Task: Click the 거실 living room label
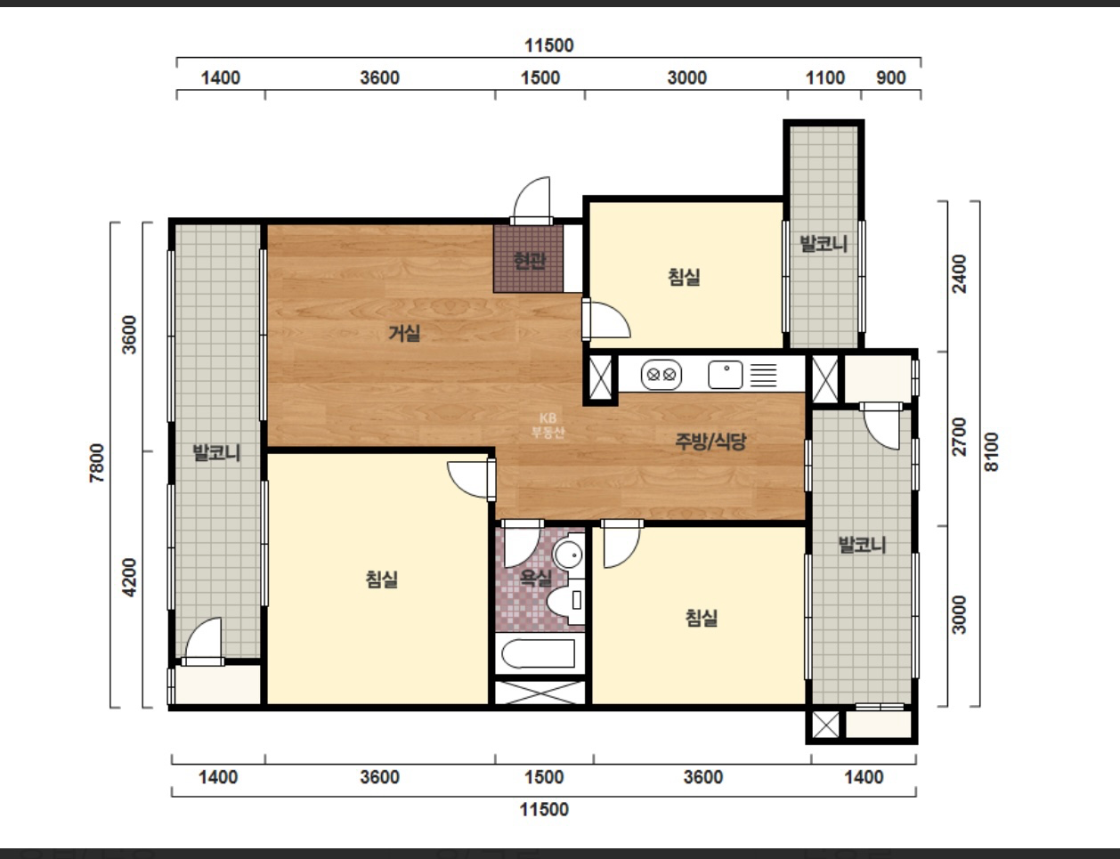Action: (x=404, y=334)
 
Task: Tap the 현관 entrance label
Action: (x=530, y=261)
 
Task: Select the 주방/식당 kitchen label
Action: (x=710, y=442)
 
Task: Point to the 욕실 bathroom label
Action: (x=536, y=578)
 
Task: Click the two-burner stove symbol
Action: (x=661, y=375)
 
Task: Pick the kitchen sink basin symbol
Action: (x=726, y=375)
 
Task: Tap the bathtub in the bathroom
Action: (x=539, y=654)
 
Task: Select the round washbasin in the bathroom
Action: (x=568, y=555)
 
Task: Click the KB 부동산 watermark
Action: (x=548, y=425)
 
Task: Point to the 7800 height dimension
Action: (x=97, y=463)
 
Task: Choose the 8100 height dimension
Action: (x=991, y=452)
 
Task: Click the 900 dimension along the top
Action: (x=890, y=77)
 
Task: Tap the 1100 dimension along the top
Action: (x=825, y=77)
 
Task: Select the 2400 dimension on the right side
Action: (x=959, y=273)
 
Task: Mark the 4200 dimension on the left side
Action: (x=129, y=578)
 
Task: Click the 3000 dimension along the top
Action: (x=686, y=77)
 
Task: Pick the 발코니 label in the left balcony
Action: (x=216, y=453)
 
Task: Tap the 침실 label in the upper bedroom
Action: (x=684, y=277)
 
